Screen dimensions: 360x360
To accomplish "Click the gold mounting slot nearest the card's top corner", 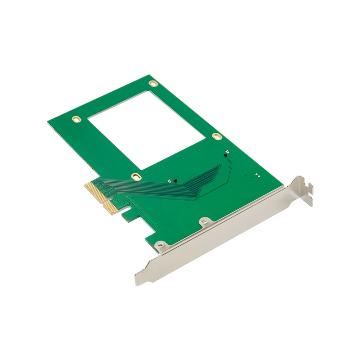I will (153, 83).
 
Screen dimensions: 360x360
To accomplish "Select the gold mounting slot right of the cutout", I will (217, 136).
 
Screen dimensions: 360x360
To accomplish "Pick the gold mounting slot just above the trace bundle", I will (135, 176).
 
